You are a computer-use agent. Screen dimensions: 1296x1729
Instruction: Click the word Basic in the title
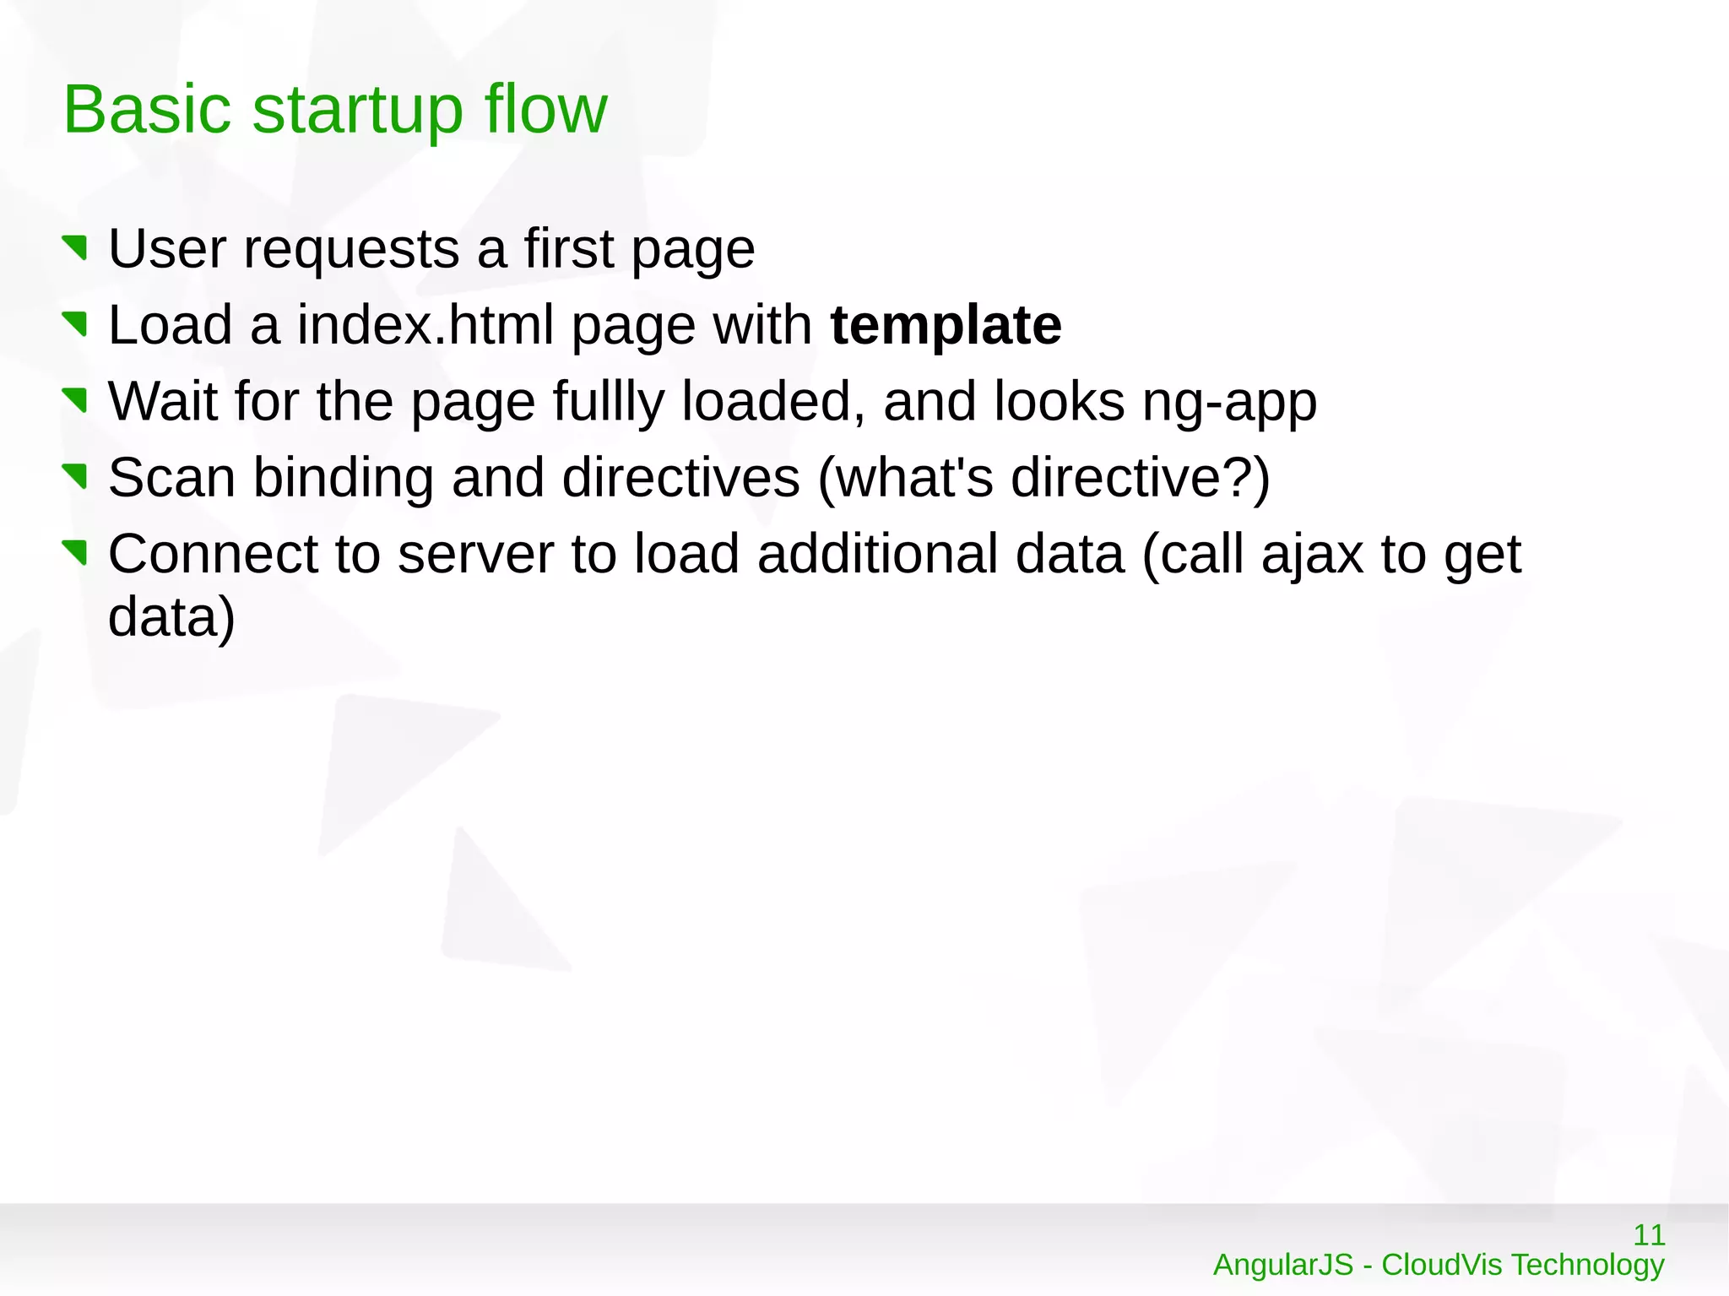click(147, 110)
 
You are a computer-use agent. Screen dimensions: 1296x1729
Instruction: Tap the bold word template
click(946, 326)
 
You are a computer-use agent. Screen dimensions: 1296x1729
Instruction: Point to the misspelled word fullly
click(608, 402)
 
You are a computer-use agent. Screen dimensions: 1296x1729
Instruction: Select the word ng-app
click(1229, 402)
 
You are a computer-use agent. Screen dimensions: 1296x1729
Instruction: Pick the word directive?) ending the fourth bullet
click(1140, 478)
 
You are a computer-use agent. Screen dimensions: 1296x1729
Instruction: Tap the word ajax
click(1312, 555)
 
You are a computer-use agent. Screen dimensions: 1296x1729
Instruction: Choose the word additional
click(940, 555)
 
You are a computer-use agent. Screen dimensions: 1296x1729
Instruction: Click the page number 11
click(1649, 1235)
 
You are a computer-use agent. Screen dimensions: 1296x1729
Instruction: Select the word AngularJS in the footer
click(1282, 1265)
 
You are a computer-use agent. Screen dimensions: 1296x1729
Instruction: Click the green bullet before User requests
click(76, 248)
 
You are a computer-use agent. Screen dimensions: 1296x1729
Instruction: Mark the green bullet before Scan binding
click(76, 477)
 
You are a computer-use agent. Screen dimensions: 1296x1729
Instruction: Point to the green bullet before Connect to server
click(76, 553)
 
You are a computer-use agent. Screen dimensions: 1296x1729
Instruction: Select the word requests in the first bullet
click(351, 250)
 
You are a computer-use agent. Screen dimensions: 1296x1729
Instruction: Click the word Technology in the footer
click(1587, 1265)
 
